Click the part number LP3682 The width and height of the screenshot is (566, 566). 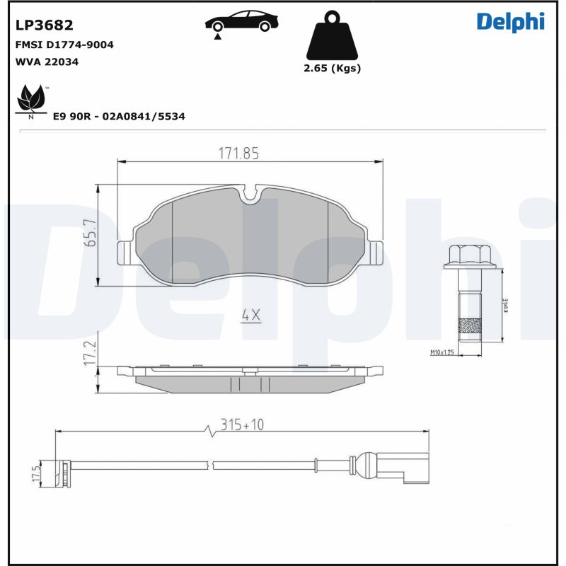[x=44, y=25]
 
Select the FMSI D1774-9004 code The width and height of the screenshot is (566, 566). [x=64, y=45]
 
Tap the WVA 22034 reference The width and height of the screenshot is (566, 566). [x=47, y=62]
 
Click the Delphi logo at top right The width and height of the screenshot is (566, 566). [x=510, y=21]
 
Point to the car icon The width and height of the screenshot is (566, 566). [x=240, y=23]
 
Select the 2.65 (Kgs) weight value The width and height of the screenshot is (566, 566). [x=332, y=69]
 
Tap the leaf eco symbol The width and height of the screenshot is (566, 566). [x=31, y=100]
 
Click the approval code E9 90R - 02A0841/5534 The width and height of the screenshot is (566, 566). [x=119, y=116]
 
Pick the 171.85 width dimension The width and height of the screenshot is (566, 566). [x=238, y=153]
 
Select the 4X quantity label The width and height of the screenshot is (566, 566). [x=250, y=316]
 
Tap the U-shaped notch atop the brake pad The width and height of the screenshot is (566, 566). [x=250, y=193]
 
